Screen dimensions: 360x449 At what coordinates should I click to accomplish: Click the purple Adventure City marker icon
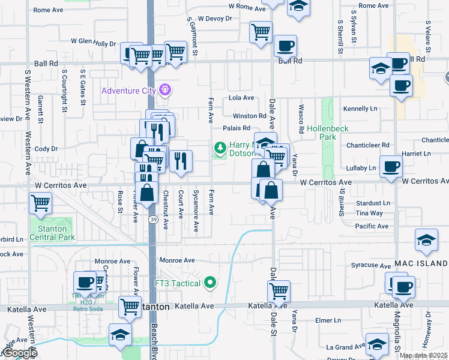pos(166,91)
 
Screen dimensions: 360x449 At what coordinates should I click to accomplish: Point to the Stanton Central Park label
pos(53,232)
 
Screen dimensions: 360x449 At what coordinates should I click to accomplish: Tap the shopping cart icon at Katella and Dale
pos(279,291)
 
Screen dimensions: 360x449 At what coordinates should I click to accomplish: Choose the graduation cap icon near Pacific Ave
pos(426,239)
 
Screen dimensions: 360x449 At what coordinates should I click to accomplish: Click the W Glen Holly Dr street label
pos(93,43)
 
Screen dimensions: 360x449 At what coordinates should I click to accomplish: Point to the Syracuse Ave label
pos(371,265)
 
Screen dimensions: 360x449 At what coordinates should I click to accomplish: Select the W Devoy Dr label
pos(214,19)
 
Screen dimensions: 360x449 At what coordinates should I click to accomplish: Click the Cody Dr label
pos(46,148)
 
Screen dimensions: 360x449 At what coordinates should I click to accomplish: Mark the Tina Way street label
pos(369,213)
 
